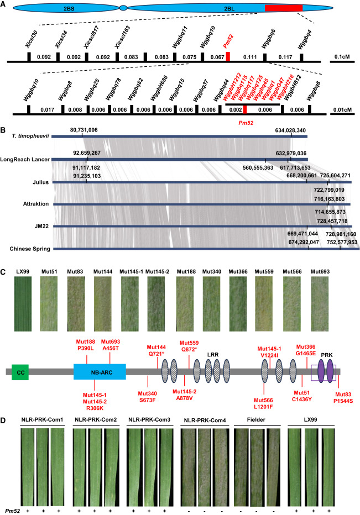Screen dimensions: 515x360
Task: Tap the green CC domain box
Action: (x=20, y=371)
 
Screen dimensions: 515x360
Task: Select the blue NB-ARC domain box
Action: (x=100, y=371)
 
